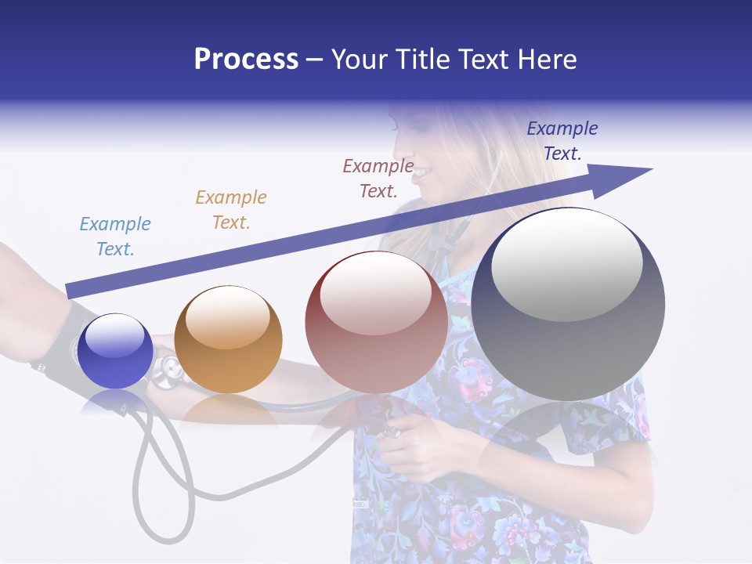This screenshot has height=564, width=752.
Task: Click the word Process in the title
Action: [x=246, y=60]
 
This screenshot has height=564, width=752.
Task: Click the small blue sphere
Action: [x=115, y=351]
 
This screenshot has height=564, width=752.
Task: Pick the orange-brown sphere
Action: [x=228, y=339]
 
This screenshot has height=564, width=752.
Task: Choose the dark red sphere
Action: [x=376, y=321]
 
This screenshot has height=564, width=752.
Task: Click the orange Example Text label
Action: [x=231, y=210]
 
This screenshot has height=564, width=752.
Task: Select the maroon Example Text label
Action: [x=378, y=178]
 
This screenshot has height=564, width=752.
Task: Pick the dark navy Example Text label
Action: [x=562, y=141]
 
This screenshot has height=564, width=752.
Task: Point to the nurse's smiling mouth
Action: [x=421, y=171]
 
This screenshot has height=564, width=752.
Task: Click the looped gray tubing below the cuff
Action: [x=161, y=486]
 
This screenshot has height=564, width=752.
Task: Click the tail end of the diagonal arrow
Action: [x=69, y=291]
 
